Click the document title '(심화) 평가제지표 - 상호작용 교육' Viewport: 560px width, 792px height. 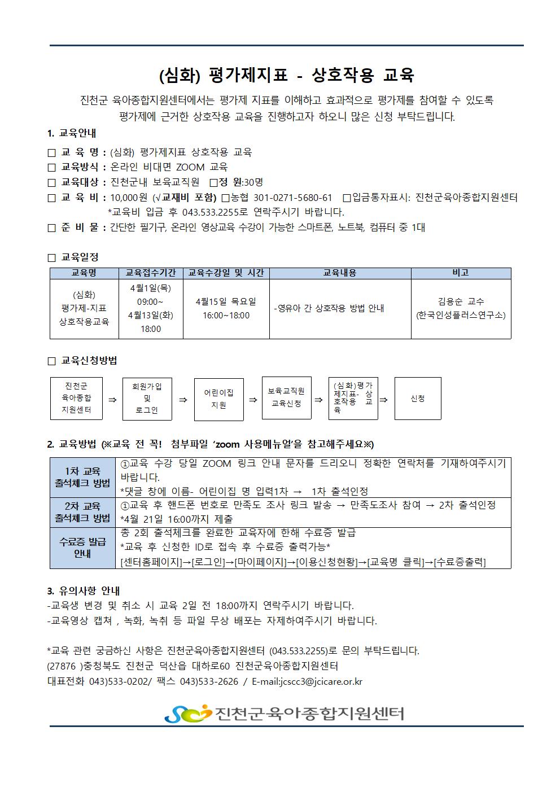coord(287,75)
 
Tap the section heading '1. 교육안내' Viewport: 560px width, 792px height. coord(72,134)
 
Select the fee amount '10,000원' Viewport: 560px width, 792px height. coord(129,198)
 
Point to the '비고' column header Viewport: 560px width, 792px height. coord(461,273)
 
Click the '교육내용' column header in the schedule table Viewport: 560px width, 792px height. coord(340,273)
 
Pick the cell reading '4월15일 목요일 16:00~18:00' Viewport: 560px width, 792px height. coord(226,308)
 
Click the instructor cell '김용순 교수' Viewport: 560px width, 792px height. coord(461,301)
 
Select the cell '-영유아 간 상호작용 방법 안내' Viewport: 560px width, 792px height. coord(329,308)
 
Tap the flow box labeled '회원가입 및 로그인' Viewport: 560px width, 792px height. coord(147,399)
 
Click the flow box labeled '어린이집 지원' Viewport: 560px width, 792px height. coord(218,399)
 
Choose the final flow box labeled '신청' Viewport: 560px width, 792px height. coord(418,399)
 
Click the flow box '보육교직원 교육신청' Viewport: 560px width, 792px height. coord(286,397)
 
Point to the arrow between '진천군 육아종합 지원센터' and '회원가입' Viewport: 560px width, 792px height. coord(112,400)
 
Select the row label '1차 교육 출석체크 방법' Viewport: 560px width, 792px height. coord(82,477)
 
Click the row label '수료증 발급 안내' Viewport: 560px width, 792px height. coord(82,548)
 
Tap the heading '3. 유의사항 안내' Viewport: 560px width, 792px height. coord(84,591)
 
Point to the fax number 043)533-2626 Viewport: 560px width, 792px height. coord(209,681)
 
